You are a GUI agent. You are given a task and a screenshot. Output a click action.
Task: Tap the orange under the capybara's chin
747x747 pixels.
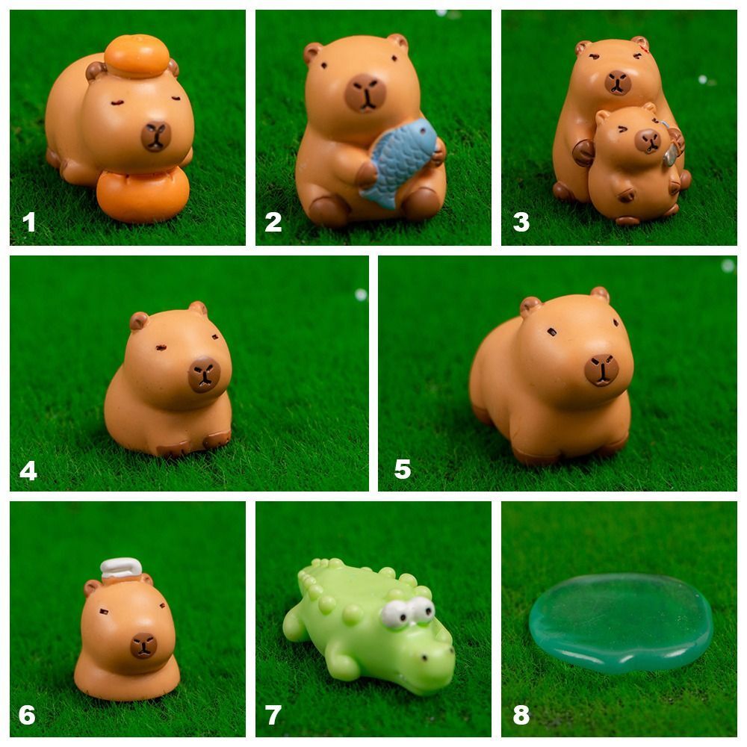click(143, 196)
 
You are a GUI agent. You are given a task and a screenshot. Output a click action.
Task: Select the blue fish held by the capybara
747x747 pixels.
click(399, 162)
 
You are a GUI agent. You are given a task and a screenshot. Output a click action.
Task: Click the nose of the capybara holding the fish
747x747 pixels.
click(366, 93)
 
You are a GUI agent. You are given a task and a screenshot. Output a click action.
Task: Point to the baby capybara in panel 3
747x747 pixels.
click(634, 164)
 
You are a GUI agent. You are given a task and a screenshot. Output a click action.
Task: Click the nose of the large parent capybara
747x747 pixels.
click(618, 82)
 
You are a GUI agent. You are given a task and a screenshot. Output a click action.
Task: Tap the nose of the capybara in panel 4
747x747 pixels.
click(203, 374)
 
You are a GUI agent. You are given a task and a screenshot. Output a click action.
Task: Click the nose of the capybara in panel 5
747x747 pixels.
click(601, 369)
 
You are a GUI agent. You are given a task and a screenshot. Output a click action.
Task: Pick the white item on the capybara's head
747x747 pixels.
click(120, 569)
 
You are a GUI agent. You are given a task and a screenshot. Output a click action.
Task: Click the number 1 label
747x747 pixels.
click(28, 222)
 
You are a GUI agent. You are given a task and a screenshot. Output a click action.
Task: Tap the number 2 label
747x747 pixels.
click(273, 222)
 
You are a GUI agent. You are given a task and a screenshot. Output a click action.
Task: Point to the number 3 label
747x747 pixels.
click(521, 222)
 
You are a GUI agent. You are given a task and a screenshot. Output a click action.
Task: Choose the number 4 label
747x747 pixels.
click(28, 471)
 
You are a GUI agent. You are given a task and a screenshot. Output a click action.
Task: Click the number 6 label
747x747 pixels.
click(27, 715)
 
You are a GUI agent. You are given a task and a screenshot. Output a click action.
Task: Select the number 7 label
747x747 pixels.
click(273, 715)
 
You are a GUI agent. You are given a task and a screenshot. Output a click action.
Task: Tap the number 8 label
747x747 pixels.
click(521, 715)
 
